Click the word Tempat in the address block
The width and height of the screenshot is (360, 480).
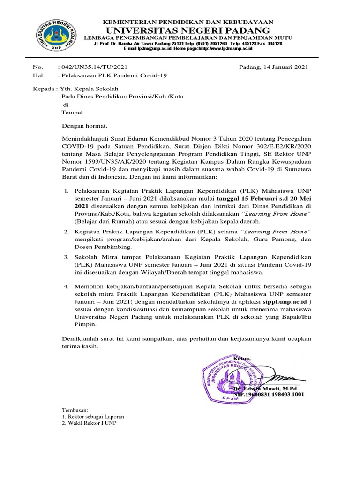click(72, 112)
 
